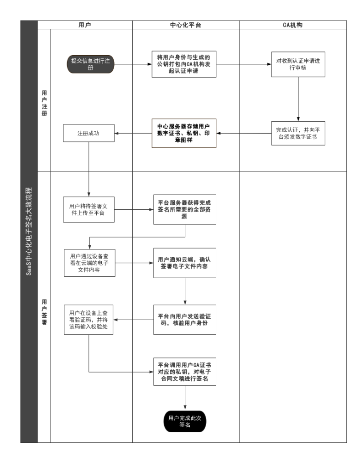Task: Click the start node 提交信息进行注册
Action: click(90, 64)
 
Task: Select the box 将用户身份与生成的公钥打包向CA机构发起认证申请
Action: click(184, 64)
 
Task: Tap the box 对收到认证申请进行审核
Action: click(298, 64)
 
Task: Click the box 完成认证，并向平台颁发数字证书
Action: click(298, 133)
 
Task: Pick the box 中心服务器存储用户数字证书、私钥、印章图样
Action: click(184, 133)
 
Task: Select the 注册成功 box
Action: click(89, 133)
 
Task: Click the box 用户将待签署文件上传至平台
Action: click(89, 209)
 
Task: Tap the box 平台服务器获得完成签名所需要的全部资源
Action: click(185, 209)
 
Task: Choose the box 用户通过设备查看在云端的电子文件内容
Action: click(89, 263)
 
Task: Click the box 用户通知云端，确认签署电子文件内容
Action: click(185, 263)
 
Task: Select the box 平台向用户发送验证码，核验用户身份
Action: click(185, 320)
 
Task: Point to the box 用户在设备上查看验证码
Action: click(89, 320)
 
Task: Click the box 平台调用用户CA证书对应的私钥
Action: click(185, 372)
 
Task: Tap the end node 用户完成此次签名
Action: click(185, 421)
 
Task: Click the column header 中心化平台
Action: click(186, 25)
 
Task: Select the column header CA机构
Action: click(293, 25)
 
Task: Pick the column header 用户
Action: click(85, 25)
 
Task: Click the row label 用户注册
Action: click(44, 103)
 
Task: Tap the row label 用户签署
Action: click(44, 312)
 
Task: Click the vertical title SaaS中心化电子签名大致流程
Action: click(29, 232)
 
